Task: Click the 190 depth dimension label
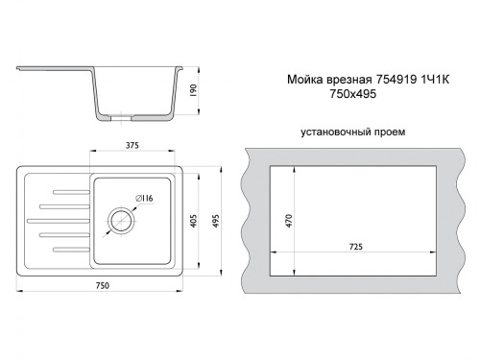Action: coord(193,91)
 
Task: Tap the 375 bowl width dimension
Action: coord(132,146)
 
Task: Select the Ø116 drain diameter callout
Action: coord(144,199)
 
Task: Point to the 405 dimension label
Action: coord(194,221)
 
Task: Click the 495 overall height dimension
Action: coord(216,221)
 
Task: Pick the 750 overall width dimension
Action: coord(103,285)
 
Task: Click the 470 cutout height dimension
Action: coord(289,221)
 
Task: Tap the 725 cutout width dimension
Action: coord(356,247)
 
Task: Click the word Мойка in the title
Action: coord(305,80)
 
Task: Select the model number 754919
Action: coord(396,80)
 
